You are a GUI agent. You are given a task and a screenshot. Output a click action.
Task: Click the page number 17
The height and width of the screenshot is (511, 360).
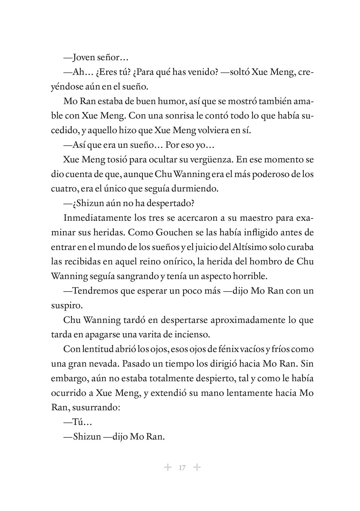pos(182,468)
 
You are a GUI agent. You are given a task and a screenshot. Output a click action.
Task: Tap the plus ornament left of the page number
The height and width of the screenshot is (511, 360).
pos(168,467)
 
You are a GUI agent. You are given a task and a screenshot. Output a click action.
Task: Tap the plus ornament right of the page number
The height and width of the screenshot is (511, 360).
pos(197,467)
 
